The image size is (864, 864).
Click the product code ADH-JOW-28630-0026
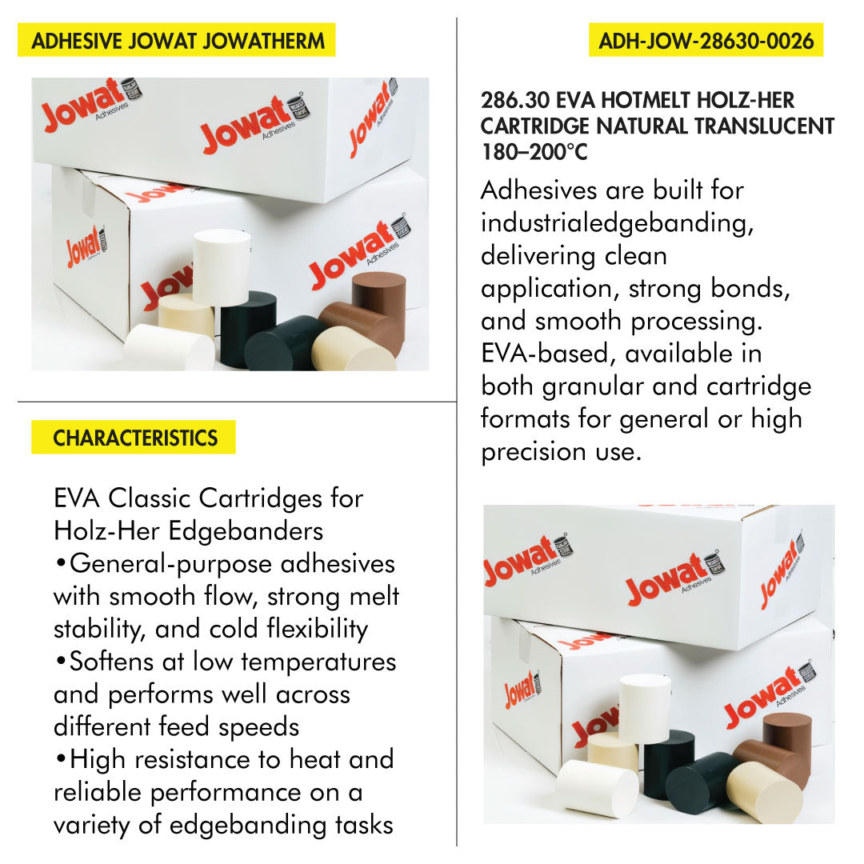[706, 41]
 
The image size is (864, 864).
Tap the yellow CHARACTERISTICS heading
[135, 438]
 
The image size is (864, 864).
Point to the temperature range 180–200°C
[534, 151]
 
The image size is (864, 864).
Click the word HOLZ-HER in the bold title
[746, 100]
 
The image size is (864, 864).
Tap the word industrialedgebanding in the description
[617, 223]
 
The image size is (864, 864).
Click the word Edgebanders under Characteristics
[246, 531]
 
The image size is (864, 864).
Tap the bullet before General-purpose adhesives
[61, 563]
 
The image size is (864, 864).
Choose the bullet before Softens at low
[61, 661]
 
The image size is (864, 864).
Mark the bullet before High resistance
[61, 758]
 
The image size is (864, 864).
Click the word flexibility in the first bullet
[318, 629]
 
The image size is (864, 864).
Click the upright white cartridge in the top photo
[222, 267]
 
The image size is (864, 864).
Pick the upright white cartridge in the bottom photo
[645, 709]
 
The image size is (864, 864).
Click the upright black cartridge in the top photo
[248, 329]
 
